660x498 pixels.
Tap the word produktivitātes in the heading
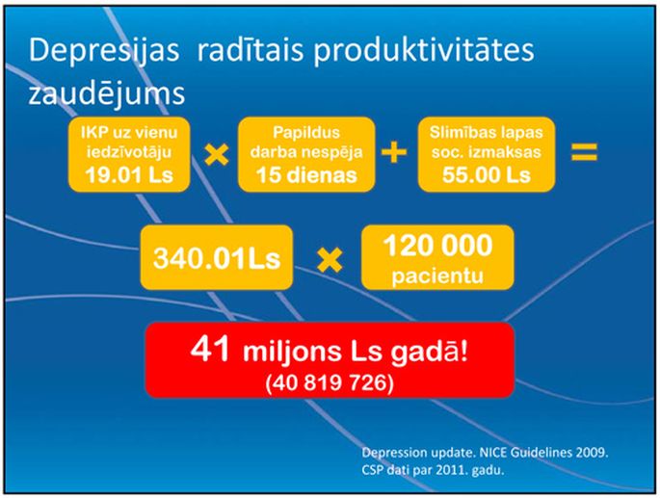click(x=424, y=51)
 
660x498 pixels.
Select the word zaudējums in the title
click(x=107, y=93)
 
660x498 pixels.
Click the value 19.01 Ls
click(x=129, y=174)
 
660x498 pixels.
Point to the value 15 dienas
click(x=306, y=174)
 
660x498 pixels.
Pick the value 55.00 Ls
click(x=487, y=174)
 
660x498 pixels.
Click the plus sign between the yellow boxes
click(x=394, y=152)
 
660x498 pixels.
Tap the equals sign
click(x=584, y=152)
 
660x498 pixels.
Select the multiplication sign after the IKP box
click(x=217, y=154)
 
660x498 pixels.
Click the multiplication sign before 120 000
click(x=330, y=260)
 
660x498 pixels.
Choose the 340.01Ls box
click(x=217, y=257)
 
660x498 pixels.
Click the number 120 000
click(x=437, y=246)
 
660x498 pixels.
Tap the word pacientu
click(x=437, y=276)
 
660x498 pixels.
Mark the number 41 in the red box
click(x=210, y=349)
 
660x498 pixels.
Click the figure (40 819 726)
click(x=330, y=383)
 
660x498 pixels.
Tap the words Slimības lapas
click(x=487, y=133)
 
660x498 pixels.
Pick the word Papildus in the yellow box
click(x=306, y=133)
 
